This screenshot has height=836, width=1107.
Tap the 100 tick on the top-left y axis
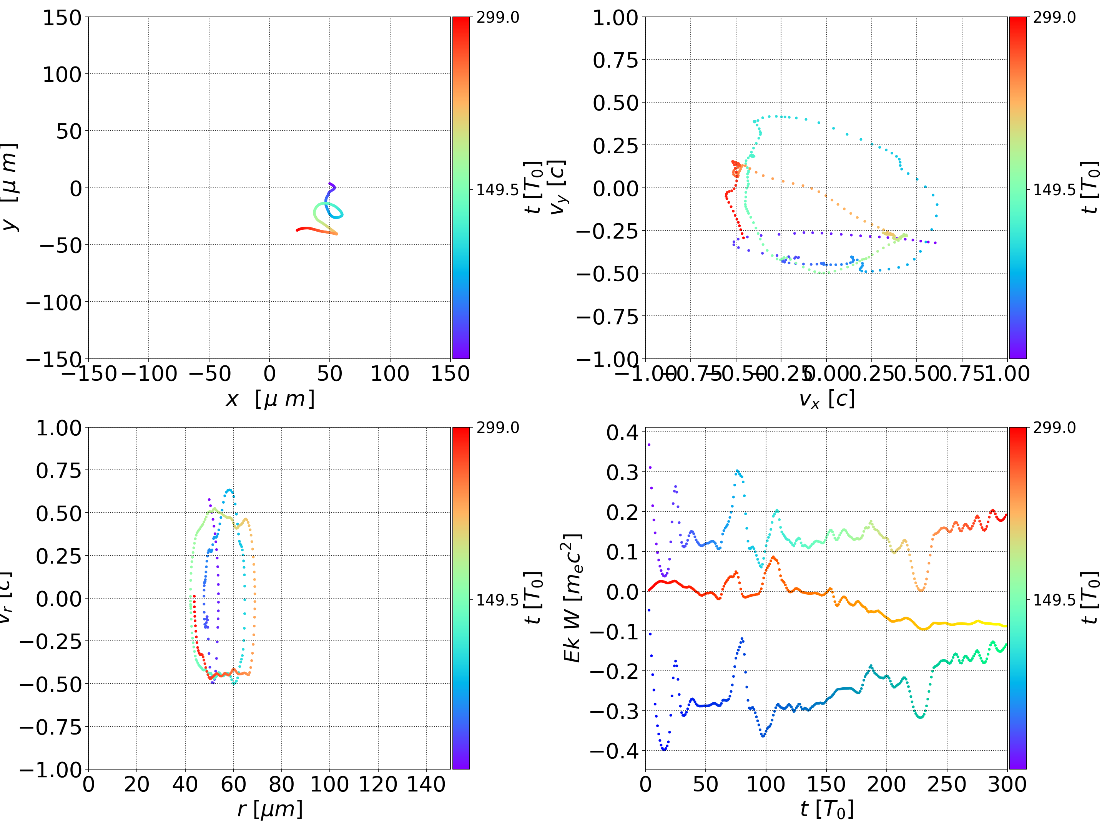pos(61,75)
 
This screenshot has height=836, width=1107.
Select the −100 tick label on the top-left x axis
pos(149,374)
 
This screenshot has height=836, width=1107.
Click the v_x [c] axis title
pos(826,399)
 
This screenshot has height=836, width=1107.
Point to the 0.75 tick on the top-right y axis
pos(615,60)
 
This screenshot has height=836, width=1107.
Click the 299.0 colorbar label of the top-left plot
pos(497,18)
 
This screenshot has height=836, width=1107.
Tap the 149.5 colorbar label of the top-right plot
pos(1054,190)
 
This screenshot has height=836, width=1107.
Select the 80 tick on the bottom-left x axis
pos(281,784)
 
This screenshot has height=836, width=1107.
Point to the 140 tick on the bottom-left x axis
pos(426,784)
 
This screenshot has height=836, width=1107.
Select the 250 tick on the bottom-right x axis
pos(946,784)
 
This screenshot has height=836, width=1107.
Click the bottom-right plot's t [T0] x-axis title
pos(826,809)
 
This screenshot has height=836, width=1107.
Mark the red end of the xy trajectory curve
pos(297,230)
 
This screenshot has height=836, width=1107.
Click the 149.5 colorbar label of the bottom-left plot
pos(497,599)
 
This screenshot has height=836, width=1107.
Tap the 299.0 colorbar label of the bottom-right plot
pos(1054,428)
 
